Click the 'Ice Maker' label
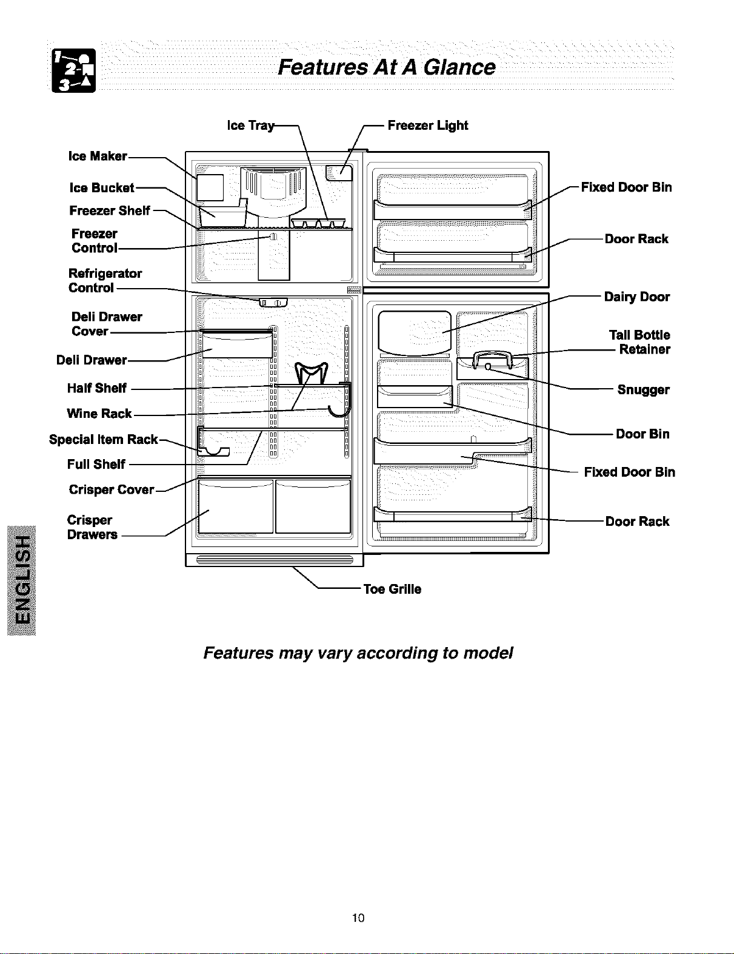tap(98, 156)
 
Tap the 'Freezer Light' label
tap(428, 126)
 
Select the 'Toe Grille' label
tap(392, 589)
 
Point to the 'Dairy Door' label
tap(636, 297)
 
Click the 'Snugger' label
tap(643, 390)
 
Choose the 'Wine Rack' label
tap(99, 414)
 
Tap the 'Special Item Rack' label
tap(103, 440)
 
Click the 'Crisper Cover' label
tap(112, 489)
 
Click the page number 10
tap(358, 918)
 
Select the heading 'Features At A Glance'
tap(387, 67)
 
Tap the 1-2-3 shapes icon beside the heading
tap(73, 70)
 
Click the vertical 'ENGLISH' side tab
tap(21, 580)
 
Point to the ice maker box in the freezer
tap(210, 187)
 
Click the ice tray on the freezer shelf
tap(318, 223)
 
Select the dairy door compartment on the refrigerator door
tap(415, 333)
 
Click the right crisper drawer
tap(313, 506)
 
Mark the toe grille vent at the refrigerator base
tap(275, 560)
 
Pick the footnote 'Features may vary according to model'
tap(358, 653)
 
